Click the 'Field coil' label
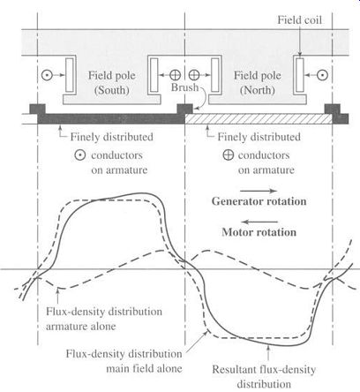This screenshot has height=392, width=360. click(299, 19)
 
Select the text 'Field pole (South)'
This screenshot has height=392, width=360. click(112, 83)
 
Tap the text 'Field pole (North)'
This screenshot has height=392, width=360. click(258, 83)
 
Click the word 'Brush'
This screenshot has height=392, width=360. click(184, 87)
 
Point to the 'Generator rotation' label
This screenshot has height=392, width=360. click(259, 201)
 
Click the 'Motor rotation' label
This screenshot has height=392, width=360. click(259, 232)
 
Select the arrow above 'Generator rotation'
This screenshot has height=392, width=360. click(259, 191)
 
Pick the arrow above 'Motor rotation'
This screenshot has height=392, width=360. click(259, 222)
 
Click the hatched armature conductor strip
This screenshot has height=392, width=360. click(259, 118)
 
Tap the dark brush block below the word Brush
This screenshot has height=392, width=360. click(184, 109)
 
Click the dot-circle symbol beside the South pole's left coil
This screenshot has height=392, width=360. click(47, 75)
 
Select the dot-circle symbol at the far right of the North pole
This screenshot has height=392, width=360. click(323, 75)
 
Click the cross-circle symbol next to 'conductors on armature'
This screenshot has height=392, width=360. click(229, 155)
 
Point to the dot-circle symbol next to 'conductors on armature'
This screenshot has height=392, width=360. click(79, 155)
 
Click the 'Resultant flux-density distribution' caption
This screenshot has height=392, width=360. click(264, 377)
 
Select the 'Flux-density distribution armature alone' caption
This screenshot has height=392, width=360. click(104, 319)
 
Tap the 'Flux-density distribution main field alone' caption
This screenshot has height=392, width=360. click(124, 361)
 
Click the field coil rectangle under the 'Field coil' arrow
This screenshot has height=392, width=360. click(300, 75)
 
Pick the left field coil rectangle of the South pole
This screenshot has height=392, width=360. click(70, 75)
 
